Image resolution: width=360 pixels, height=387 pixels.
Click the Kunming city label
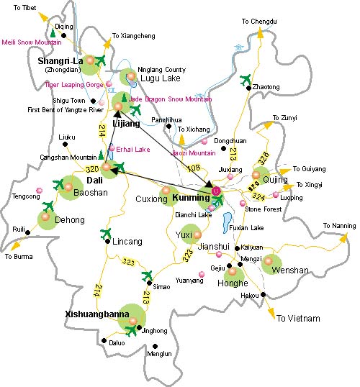(x=189, y=198)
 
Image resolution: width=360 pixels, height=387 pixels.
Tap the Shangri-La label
(x=60, y=61)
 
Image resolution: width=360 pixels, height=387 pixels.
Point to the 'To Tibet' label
(x=19, y=6)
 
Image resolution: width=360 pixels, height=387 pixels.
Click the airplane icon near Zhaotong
(x=246, y=78)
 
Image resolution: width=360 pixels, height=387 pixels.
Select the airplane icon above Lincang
(x=107, y=232)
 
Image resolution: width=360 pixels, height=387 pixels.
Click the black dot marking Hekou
(x=264, y=295)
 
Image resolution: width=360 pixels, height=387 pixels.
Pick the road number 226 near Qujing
(x=264, y=158)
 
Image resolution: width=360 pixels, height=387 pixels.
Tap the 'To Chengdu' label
(x=259, y=22)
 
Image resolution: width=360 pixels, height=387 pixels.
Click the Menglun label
(x=159, y=354)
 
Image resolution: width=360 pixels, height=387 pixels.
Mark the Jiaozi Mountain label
(x=193, y=153)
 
